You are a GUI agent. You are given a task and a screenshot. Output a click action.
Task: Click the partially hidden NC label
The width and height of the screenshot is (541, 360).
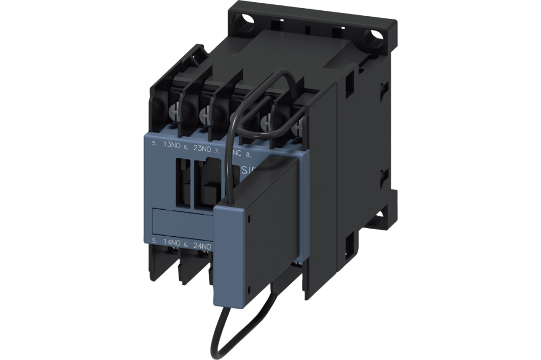(x=236, y=153)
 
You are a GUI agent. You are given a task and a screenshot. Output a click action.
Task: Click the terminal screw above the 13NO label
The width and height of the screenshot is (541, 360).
(x=174, y=112)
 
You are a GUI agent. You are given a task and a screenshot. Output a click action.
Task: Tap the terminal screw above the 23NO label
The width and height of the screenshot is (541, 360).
(x=206, y=114)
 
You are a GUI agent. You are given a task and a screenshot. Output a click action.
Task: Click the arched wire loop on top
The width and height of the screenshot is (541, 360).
(x=281, y=81)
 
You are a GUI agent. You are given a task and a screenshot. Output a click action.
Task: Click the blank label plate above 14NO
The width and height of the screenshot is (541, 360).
(x=178, y=222)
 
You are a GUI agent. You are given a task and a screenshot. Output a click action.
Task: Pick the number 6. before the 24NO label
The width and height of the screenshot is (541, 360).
(x=186, y=244)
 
